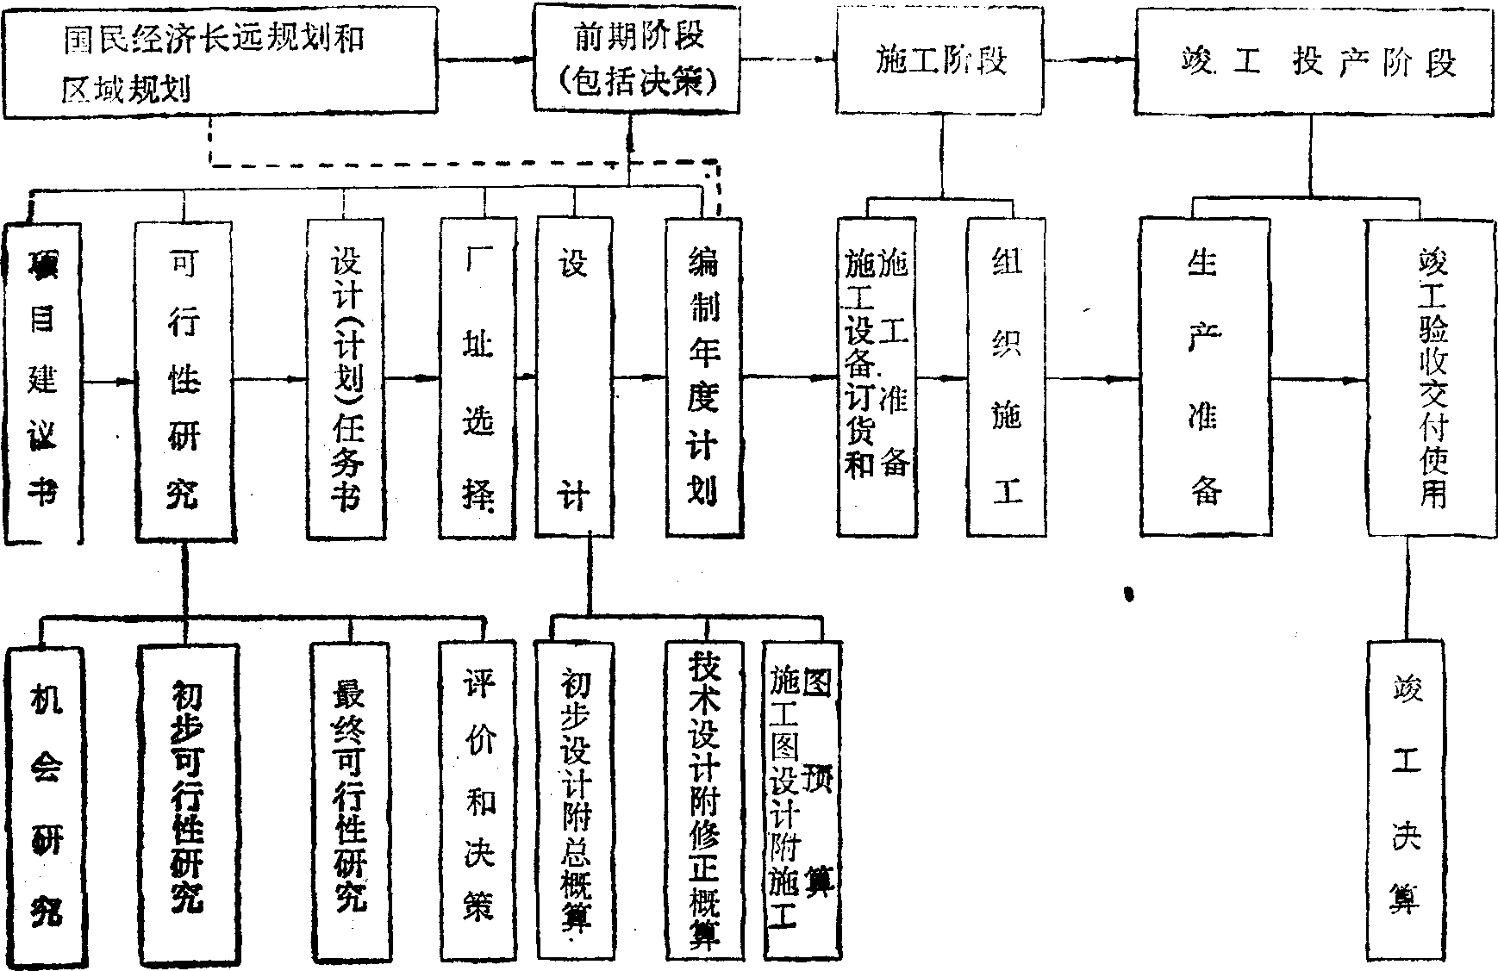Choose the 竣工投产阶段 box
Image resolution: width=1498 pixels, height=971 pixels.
point(1314,62)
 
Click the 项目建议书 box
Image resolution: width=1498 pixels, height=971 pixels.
point(43,382)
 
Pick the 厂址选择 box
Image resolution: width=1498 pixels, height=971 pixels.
point(479,377)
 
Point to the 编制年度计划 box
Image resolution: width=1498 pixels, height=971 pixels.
point(703,376)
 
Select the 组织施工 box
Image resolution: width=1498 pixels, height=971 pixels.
point(1007,376)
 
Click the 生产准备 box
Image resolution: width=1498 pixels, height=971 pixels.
point(1204,376)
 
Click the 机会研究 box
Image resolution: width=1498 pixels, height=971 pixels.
point(46,803)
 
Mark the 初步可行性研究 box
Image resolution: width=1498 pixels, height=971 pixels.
point(184,803)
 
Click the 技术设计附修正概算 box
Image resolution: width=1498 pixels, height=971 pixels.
point(704,800)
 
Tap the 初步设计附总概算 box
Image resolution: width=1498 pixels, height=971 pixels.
point(573,800)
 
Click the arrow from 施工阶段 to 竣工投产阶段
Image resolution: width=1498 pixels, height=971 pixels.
point(1089,59)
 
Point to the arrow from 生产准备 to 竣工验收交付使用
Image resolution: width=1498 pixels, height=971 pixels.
point(1319,378)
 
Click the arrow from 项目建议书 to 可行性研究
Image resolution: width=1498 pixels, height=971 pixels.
point(109,380)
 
